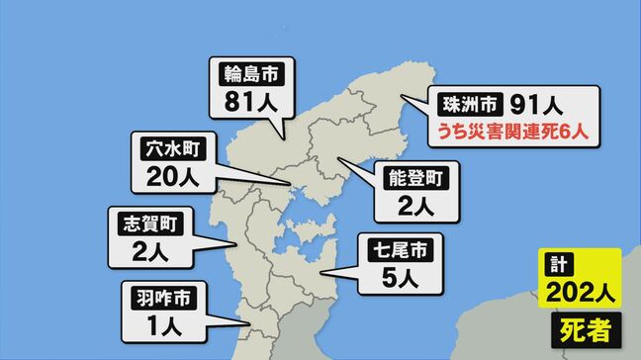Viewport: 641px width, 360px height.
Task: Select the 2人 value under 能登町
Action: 414,208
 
